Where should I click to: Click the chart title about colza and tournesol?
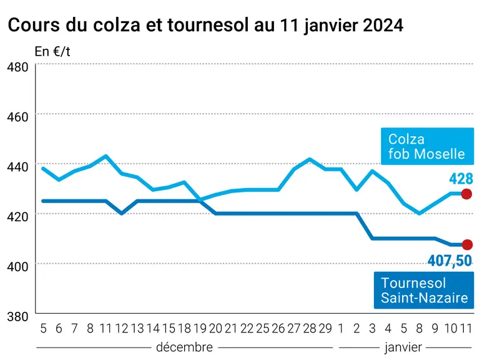[x=205, y=25]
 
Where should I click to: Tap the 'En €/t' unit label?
[x=52, y=51]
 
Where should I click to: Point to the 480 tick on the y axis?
[x=17, y=67]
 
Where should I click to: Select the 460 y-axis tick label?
[x=17, y=117]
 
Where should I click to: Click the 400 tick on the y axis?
[x=17, y=266]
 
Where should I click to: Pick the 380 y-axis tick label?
[x=17, y=316]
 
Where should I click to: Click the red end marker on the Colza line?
[x=466, y=194]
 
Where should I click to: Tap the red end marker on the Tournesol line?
[x=467, y=244]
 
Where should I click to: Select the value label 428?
[x=461, y=179]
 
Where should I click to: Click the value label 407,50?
[x=450, y=261]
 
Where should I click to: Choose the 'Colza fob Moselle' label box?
[x=427, y=146]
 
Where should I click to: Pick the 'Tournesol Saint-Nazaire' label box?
[x=424, y=290]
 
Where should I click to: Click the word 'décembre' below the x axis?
[x=184, y=347]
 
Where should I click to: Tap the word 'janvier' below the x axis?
[x=403, y=347]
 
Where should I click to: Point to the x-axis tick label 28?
[x=310, y=329]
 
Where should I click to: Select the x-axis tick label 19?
[x=200, y=329]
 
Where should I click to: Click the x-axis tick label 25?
[x=262, y=329]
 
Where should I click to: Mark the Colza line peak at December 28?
[x=310, y=159]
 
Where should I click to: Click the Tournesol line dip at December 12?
[x=122, y=213]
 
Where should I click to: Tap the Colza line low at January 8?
[x=420, y=213]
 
